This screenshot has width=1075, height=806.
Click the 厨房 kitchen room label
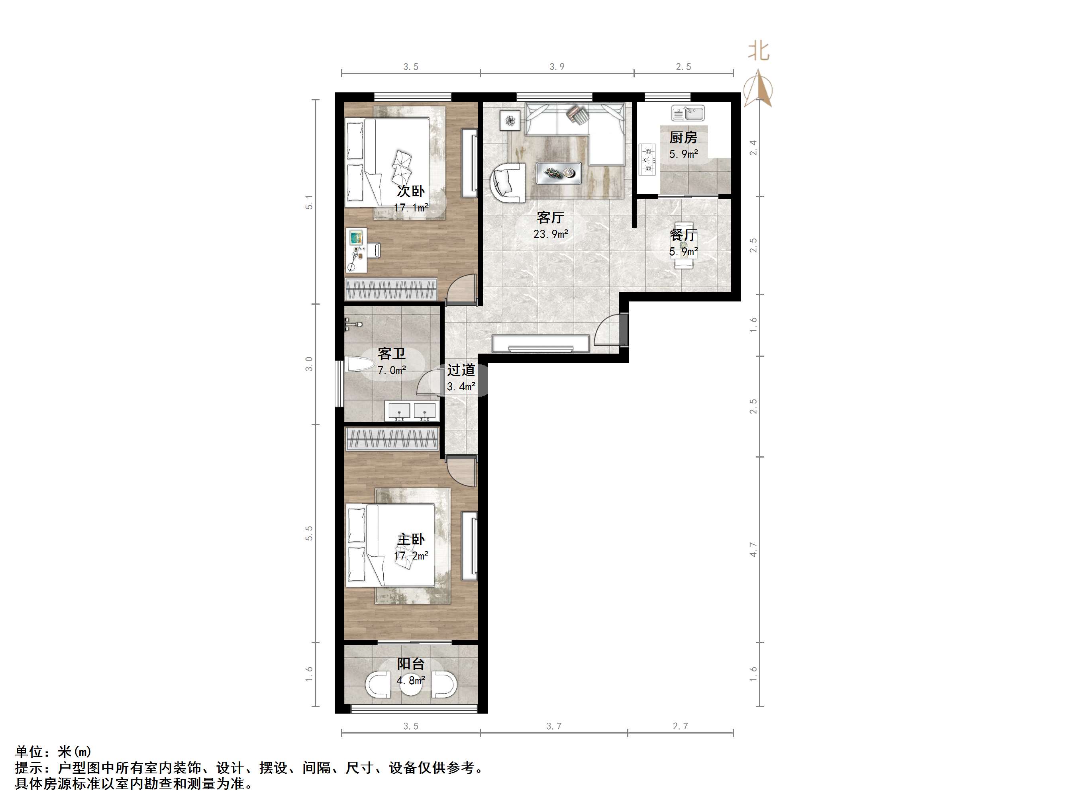(x=683, y=137)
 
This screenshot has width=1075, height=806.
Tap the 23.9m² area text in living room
(x=551, y=234)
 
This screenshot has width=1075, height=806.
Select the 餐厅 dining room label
(x=683, y=235)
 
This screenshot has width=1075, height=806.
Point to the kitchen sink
(x=688, y=113)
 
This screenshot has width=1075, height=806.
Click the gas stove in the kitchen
(x=647, y=159)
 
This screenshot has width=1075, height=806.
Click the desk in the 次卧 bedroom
(x=356, y=250)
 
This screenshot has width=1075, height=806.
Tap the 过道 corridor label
(x=461, y=370)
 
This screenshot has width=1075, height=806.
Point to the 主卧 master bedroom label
(x=411, y=539)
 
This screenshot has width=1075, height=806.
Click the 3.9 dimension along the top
(x=557, y=67)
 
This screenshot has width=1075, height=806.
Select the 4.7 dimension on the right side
(x=753, y=550)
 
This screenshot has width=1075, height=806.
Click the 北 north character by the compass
(x=758, y=51)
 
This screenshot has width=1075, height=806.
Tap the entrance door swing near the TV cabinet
(x=608, y=331)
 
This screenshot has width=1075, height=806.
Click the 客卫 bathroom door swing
(x=428, y=384)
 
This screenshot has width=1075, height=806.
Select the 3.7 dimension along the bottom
(x=553, y=726)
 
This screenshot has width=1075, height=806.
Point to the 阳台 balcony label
(x=411, y=664)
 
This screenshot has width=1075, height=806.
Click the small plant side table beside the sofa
(x=510, y=120)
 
